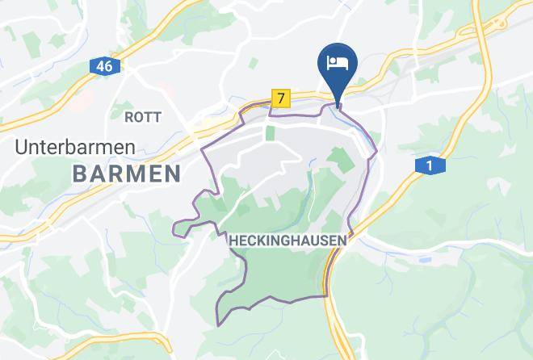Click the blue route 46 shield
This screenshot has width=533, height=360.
coord(103,66)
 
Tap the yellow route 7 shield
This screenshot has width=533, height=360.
coord(280,98)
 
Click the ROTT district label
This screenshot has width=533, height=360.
coord(139,117)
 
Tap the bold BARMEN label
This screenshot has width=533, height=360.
coord(126,173)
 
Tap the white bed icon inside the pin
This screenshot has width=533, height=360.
coord(338,61)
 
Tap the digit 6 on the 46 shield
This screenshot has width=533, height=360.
coord(107,66)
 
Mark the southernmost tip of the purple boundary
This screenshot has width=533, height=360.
coord(218,325)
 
